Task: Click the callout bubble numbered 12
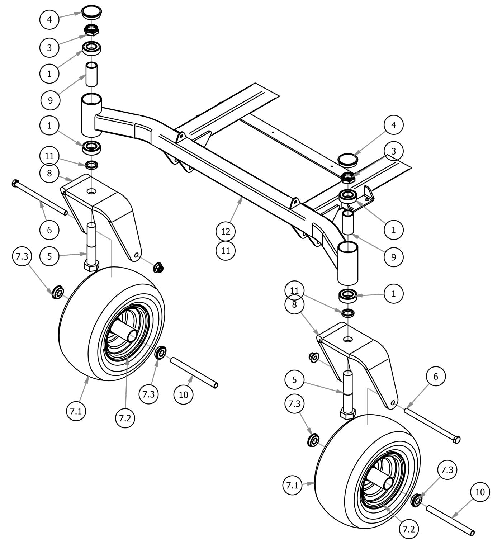click(x=226, y=231)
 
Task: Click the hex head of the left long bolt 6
click(x=15, y=184)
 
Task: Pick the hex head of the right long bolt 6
click(x=456, y=439)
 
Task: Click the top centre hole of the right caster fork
click(x=347, y=339)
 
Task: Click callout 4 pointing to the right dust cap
click(x=393, y=125)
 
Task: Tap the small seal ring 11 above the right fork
click(x=347, y=313)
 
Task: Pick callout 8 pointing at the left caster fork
click(x=49, y=173)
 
